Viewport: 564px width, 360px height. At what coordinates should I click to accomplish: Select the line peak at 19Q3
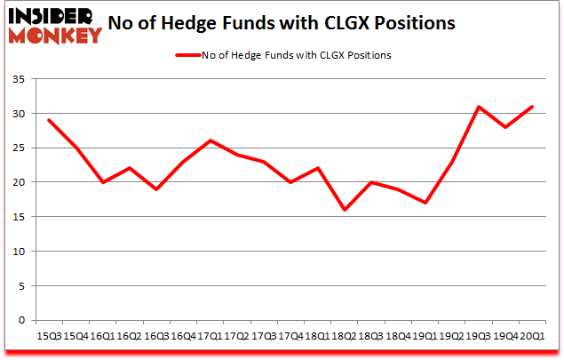click(477, 107)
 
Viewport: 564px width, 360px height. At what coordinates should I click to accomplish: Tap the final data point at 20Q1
click(531, 107)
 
